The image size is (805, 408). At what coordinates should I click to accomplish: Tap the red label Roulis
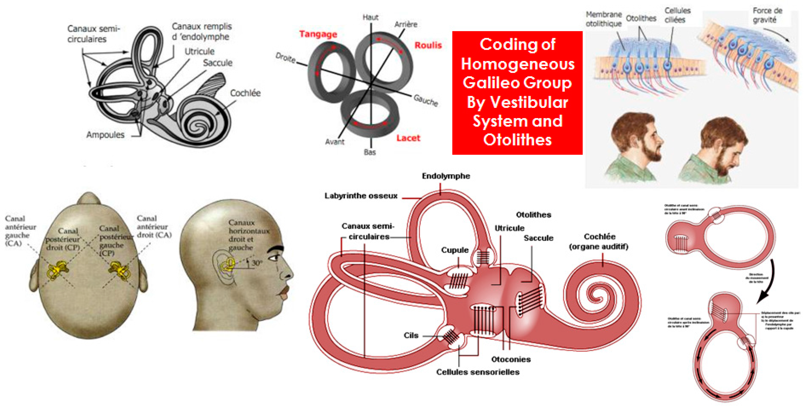pos(428,45)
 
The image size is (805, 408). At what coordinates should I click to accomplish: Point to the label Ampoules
pos(105,135)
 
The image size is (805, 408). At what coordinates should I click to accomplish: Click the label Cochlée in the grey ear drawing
pos(245,93)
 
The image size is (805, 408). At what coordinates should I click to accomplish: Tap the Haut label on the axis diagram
pos(370,17)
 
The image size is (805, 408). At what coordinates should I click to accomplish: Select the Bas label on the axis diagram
pos(370,152)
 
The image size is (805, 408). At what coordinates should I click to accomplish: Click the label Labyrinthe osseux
pos(361,196)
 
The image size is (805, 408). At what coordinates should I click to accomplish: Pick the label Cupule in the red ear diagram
pos(455,250)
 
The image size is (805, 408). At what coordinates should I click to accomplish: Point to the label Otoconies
pos(511,359)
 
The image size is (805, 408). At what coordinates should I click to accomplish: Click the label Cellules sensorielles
pos(478,372)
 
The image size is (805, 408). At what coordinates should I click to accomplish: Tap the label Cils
pos(411,335)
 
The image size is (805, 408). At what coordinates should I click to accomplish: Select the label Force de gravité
pos(767,15)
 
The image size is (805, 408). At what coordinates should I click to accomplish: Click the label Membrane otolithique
pos(603,19)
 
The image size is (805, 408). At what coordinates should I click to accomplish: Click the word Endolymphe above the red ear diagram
pos(446,176)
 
